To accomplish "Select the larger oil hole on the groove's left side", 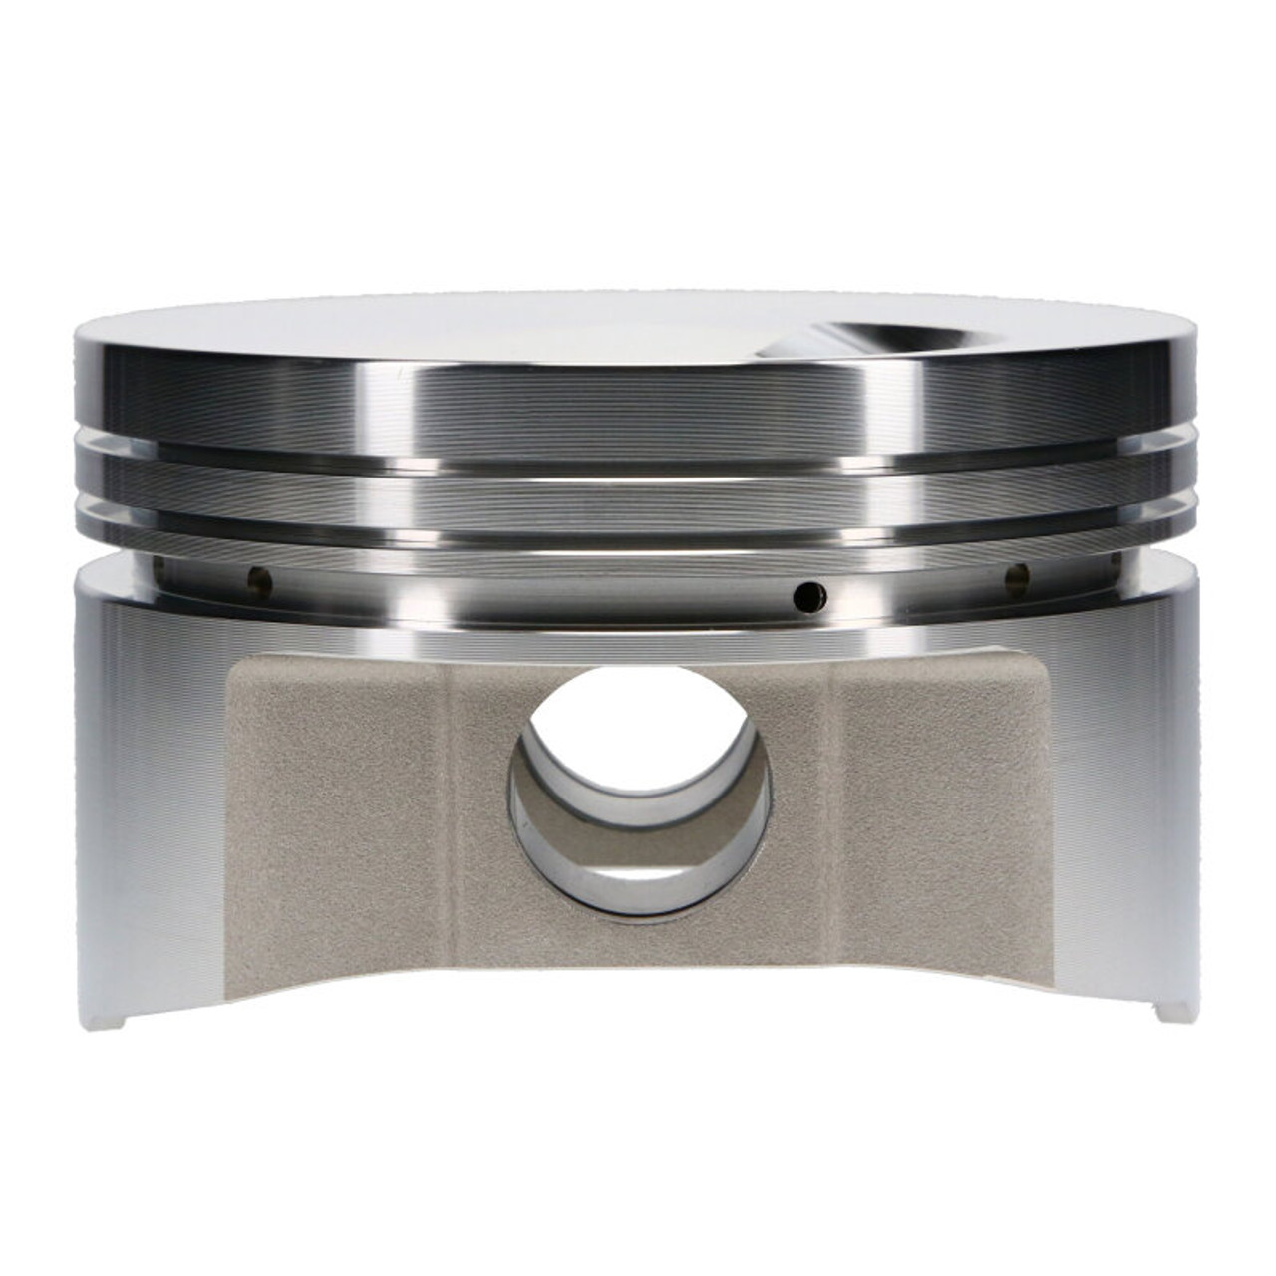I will tap(258, 576).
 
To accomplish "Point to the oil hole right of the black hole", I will tap(1018, 574).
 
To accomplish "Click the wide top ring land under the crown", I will tap(638, 409).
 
